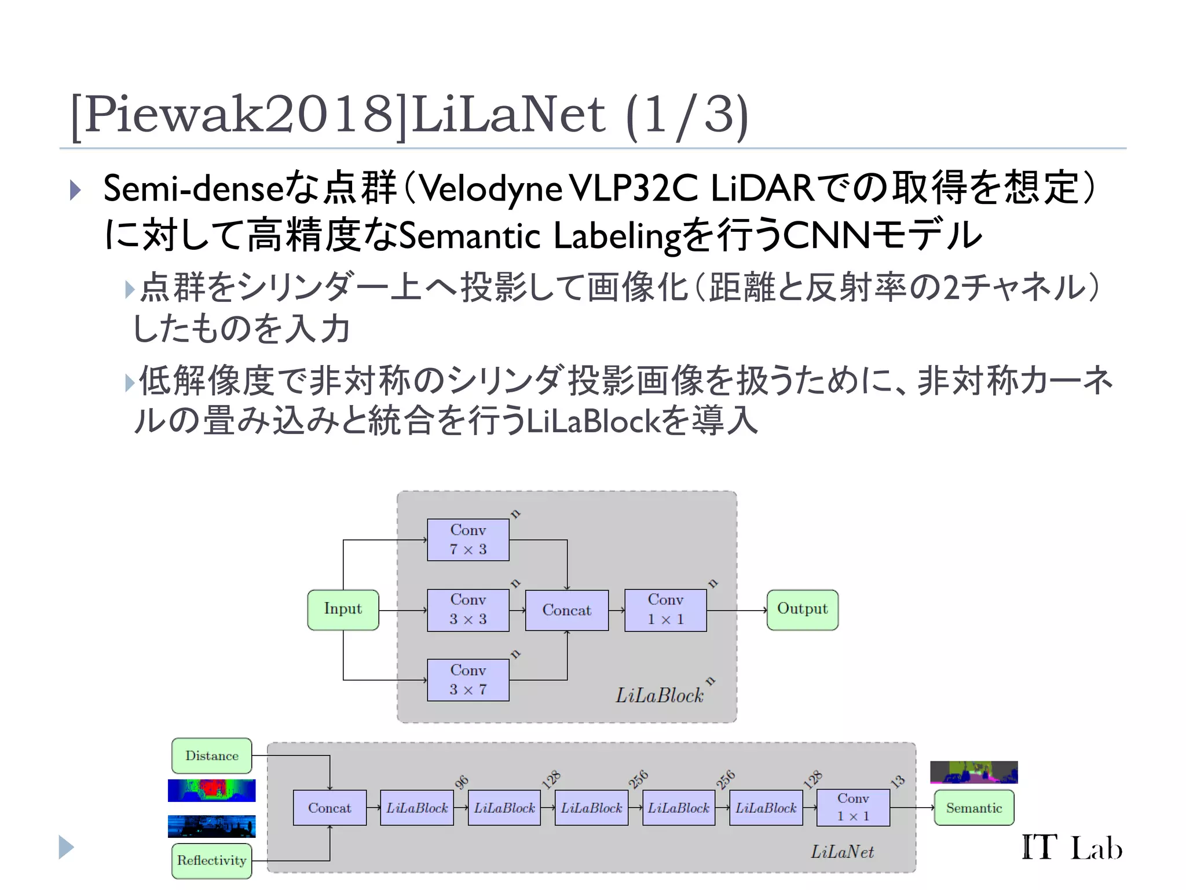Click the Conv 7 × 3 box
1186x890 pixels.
point(468,539)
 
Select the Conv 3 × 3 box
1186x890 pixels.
point(468,610)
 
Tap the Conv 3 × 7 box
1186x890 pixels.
point(468,680)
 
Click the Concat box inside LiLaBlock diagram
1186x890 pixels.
point(566,610)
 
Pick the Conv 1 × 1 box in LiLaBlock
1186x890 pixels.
point(665,610)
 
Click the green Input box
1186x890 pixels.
point(343,610)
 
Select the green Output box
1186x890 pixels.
point(802,610)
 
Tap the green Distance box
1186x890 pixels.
point(212,756)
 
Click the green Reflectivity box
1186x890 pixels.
point(212,860)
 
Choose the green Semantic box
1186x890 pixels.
point(973,808)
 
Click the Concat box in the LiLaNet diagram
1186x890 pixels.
point(330,808)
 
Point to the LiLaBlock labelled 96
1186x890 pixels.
point(417,808)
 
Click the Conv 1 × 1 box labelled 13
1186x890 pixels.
point(853,807)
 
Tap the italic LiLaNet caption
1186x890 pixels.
point(842,852)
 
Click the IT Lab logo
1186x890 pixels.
point(1071,848)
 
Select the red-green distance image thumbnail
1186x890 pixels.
point(211,790)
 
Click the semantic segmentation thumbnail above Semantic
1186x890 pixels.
point(973,772)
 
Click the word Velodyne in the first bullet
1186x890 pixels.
point(489,189)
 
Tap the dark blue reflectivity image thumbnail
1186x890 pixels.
point(211,826)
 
